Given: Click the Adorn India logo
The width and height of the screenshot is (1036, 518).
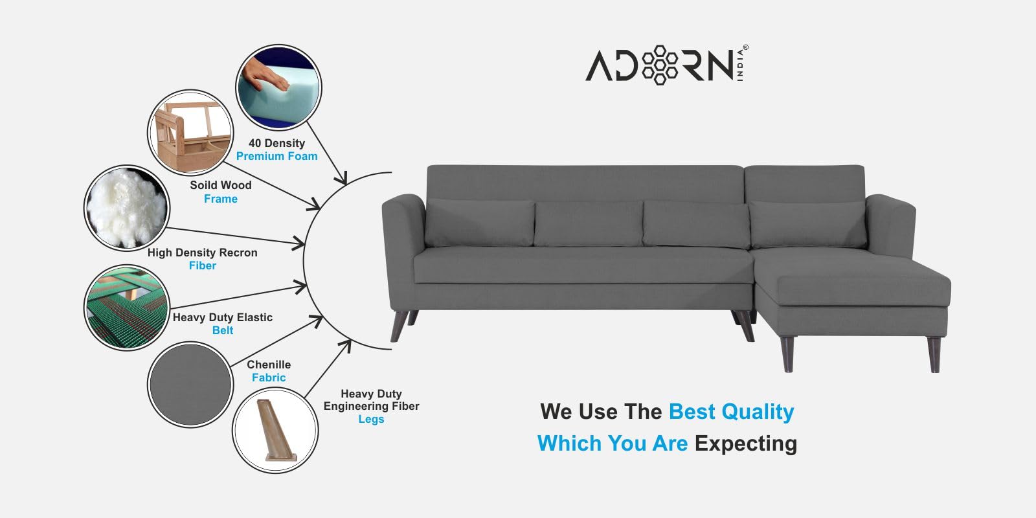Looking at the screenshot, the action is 667,65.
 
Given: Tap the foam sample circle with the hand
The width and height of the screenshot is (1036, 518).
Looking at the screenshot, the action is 279,87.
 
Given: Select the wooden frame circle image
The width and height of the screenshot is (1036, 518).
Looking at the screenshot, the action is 190,133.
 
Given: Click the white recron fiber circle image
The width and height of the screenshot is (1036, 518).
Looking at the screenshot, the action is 127,208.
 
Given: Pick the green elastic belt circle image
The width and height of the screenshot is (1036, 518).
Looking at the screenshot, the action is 127,308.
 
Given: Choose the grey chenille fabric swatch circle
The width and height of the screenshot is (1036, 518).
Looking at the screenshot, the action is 190,385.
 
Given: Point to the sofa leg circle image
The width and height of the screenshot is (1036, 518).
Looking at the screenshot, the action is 275,431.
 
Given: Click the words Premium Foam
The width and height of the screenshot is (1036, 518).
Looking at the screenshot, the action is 276,156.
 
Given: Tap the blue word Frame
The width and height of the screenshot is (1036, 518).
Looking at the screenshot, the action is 221,199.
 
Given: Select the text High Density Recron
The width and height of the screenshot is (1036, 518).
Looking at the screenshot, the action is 202,253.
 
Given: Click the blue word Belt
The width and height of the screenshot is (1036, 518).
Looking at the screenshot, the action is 223,330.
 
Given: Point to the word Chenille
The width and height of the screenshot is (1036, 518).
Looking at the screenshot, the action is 269,365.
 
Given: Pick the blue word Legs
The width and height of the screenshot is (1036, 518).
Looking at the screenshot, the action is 371,420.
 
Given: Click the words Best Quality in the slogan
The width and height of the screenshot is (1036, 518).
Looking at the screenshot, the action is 731,412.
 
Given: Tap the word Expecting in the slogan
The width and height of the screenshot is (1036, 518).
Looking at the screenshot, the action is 745,443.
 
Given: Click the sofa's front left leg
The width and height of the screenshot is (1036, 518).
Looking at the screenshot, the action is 400,326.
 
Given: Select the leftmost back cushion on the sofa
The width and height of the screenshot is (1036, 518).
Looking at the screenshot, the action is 480,223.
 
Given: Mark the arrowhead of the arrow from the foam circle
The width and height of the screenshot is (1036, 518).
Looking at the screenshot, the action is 343,179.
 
